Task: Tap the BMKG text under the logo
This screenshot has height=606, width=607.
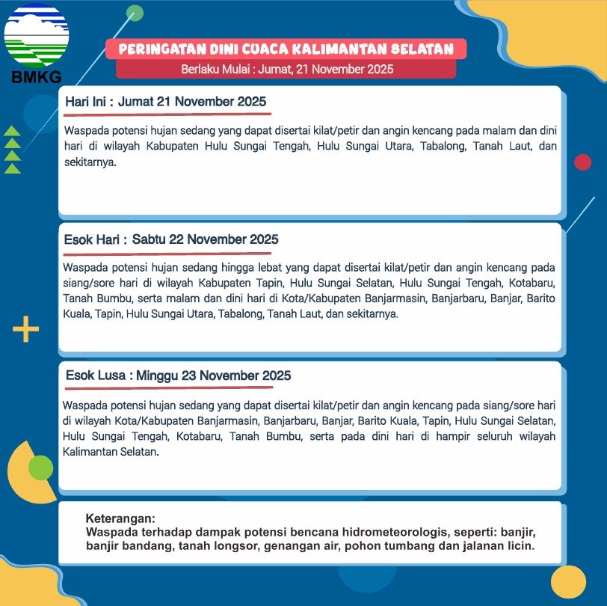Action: click(x=36, y=76)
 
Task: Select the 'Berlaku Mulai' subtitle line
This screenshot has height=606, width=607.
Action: click(x=287, y=70)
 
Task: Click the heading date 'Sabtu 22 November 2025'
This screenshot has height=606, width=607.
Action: click(x=206, y=239)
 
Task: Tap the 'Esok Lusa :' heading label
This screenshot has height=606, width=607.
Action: click(x=99, y=376)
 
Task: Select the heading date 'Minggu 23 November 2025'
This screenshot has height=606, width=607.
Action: click(x=214, y=376)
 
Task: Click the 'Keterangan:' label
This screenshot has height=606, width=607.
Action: click(x=121, y=518)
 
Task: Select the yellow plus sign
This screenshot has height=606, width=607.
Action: click(x=25, y=329)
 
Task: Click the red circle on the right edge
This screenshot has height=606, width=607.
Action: click(x=582, y=162)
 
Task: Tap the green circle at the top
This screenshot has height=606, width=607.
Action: click(x=135, y=12)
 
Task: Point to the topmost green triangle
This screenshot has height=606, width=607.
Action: click(x=12, y=131)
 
